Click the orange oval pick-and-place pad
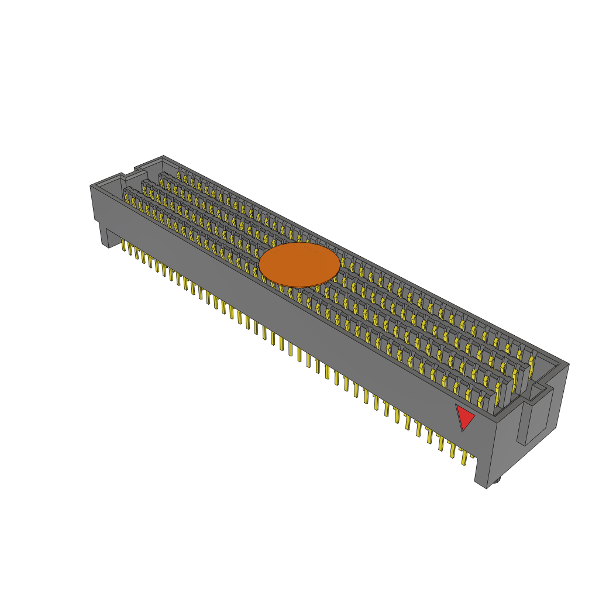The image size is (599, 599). click(x=299, y=265)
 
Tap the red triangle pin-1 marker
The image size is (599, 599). click(x=464, y=416)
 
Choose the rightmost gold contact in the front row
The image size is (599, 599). click(x=481, y=401)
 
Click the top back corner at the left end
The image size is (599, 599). click(x=163, y=156)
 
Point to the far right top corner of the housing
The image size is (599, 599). click(x=568, y=364)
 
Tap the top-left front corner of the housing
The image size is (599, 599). click(x=91, y=186)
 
